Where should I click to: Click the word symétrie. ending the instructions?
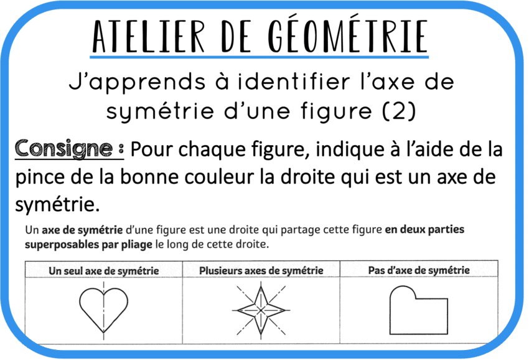pos(56,204)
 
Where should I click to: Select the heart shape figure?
pos(103,308)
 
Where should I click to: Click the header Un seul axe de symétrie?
pos(103,270)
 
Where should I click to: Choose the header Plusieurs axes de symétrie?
pos(261,270)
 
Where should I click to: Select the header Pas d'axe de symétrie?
pos(418,270)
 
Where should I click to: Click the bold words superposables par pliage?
pos(88,245)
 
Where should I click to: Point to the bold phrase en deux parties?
pos(424,230)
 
